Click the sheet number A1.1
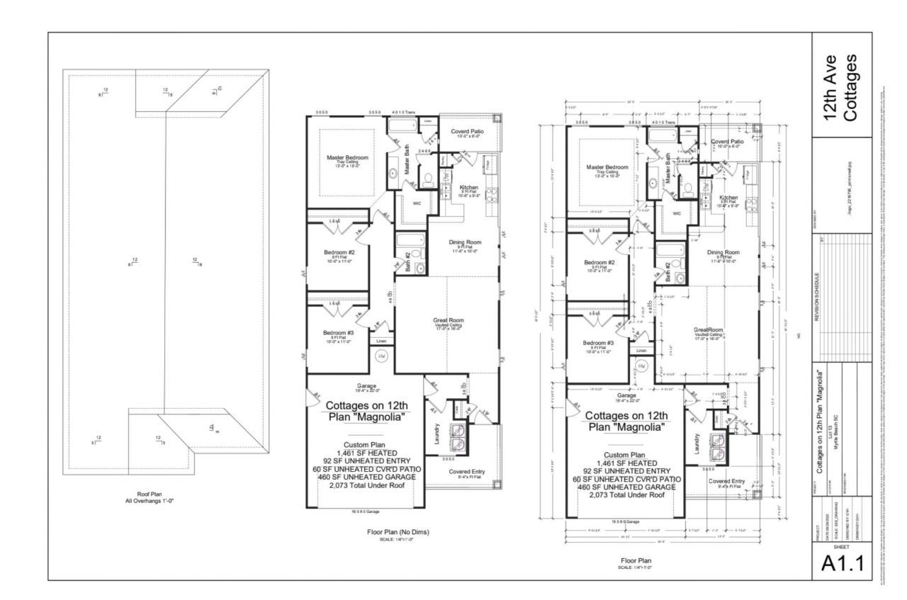[x=843, y=564]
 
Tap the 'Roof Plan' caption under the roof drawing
[x=149, y=494]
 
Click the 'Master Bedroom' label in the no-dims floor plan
[x=347, y=157]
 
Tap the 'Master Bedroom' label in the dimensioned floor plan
[x=607, y=167]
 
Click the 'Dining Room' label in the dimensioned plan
[x=722, y=252]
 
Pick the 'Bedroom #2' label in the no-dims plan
[x=339, y=252]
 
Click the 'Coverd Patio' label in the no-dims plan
[x=467, y=132]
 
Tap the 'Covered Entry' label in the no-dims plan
[x=467, y=470]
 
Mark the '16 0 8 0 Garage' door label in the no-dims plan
[x=363, y=511]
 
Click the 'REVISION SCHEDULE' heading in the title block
[x=816, y=298]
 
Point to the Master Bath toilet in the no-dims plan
[x=429, y=180]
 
